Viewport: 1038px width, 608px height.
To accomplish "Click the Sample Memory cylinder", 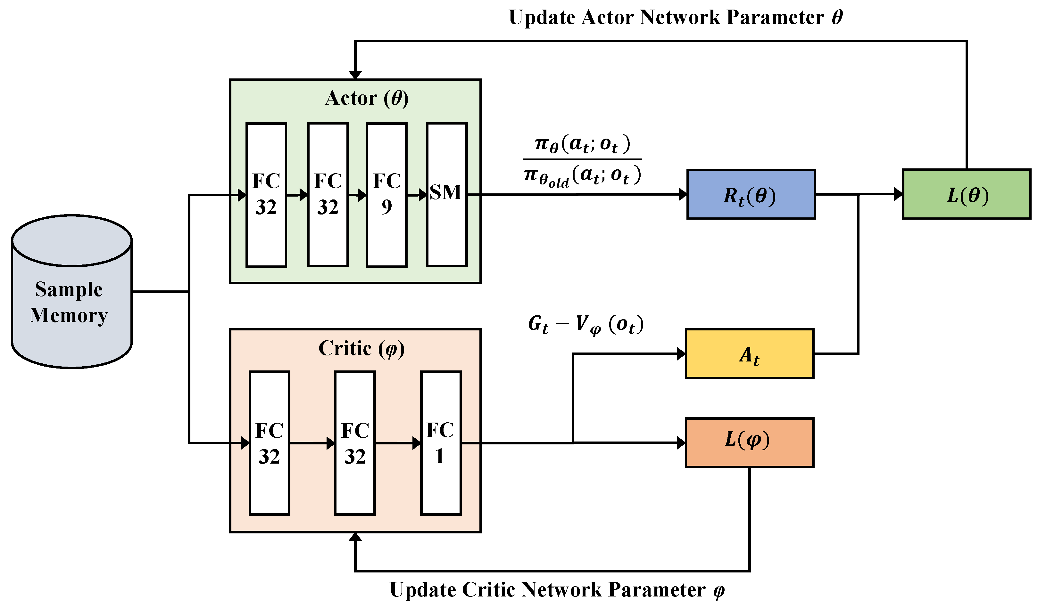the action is pos(72,291).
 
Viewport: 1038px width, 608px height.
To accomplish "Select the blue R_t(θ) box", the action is pos(751,194).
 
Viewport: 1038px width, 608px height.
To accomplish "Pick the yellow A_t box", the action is pos(750,353).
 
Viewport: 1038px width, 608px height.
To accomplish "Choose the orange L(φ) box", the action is pos(750,442).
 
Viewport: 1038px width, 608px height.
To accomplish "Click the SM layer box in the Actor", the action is pos(447,195).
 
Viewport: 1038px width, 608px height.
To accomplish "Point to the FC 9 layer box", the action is pos(387,195).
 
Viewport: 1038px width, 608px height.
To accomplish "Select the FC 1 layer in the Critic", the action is pos(441,443).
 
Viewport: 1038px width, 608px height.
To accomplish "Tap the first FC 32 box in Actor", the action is pos(266,195).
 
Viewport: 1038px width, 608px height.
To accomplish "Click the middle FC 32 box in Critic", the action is pos(355,443).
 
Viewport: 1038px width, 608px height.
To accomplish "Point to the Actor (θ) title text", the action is pos(367,98).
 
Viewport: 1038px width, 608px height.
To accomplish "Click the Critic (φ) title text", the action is pos(362,348).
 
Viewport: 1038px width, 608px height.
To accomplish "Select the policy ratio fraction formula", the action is pos(582,160).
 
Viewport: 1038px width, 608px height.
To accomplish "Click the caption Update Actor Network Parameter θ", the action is pos(676,17).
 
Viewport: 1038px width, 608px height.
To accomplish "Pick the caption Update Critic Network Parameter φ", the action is pos(557,590).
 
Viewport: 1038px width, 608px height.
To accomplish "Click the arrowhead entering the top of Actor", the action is pos(355,75).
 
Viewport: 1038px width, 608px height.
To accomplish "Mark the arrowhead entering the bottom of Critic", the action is pos(355,537).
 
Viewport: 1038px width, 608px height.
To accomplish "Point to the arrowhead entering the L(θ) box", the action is pos(898,194).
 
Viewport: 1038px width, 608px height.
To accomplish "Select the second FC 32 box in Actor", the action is pos(328,195).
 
